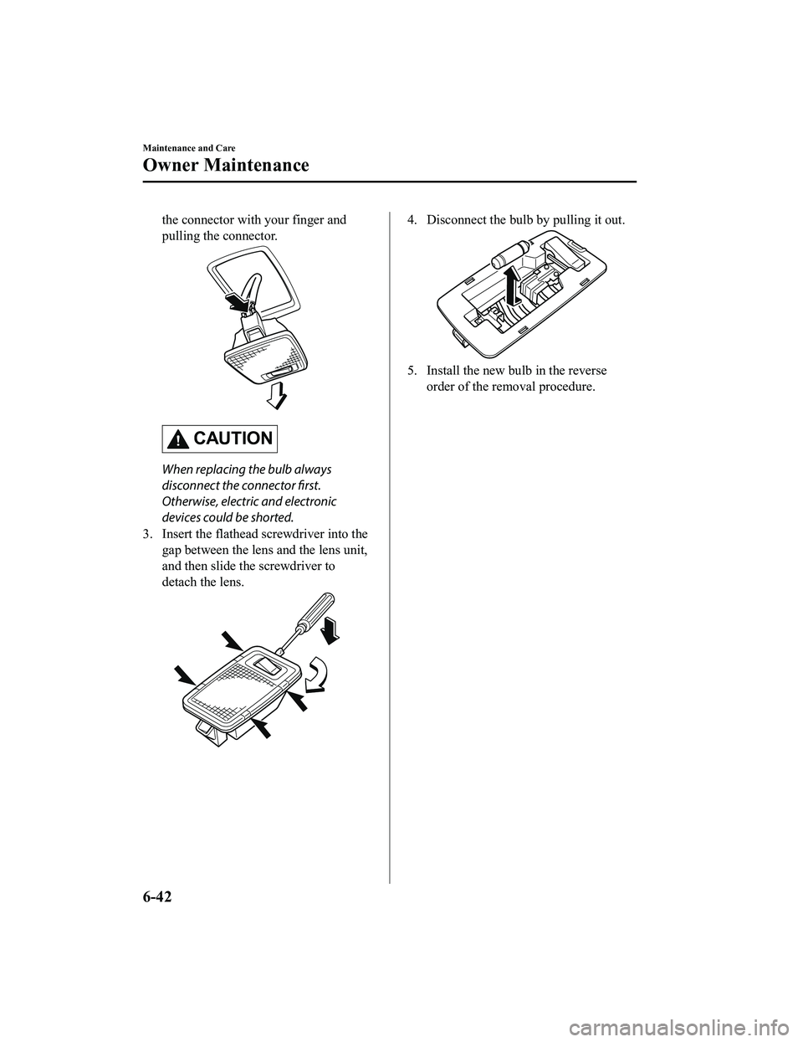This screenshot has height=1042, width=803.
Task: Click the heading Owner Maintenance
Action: click(226, 165)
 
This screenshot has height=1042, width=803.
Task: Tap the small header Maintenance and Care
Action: click(188, 147)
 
